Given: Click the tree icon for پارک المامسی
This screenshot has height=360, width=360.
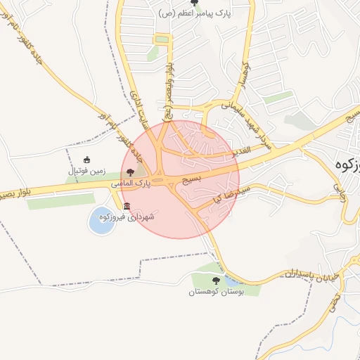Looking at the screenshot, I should [x=130, y=172].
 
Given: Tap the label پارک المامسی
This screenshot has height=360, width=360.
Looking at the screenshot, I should [x=131, y=184].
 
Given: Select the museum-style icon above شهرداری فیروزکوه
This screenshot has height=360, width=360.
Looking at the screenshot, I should [x=127, y=206].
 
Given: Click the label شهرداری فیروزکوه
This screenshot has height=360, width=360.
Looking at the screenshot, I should [x=133, y=217].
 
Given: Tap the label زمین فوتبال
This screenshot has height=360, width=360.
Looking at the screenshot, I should [x=86, y=171].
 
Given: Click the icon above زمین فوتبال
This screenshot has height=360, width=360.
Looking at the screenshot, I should [x=86, y=160].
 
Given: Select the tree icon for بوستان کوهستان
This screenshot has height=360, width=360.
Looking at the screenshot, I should [x=216, y=281].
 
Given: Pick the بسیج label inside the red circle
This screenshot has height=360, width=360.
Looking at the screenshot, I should [x=192, y=180].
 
